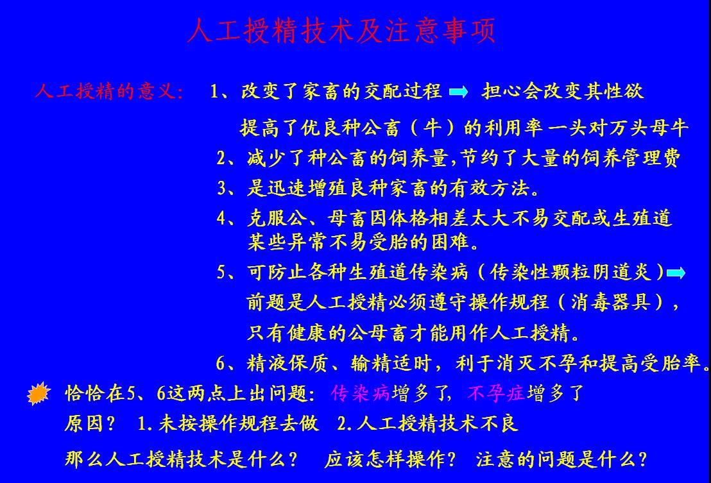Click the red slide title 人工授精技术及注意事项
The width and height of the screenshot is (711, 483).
coord(341,31)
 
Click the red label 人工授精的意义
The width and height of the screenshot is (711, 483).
coord(105,92)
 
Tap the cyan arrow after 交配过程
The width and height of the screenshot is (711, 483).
coord(458,92)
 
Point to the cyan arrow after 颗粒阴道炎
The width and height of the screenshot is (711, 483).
coord(676,273)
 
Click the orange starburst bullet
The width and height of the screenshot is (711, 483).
coord(39,393)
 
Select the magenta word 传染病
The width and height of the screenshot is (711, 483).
coord(361,393)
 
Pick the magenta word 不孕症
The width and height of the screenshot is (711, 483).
coord(496,393)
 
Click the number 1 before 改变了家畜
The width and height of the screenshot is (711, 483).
coord(214,92)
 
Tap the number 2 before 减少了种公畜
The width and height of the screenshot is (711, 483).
coord(221,158)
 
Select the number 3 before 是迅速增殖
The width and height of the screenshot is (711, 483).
coord(221,189)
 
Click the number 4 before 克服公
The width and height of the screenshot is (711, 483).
coord(221,219)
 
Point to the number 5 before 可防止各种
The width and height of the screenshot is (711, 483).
coord(221,273)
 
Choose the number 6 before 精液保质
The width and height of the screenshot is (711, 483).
coord(221,364)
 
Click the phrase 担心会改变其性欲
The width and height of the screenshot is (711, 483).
coord(562,92)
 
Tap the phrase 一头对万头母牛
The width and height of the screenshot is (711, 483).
coord(619,128)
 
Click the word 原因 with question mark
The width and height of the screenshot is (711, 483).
coord(90,424)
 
